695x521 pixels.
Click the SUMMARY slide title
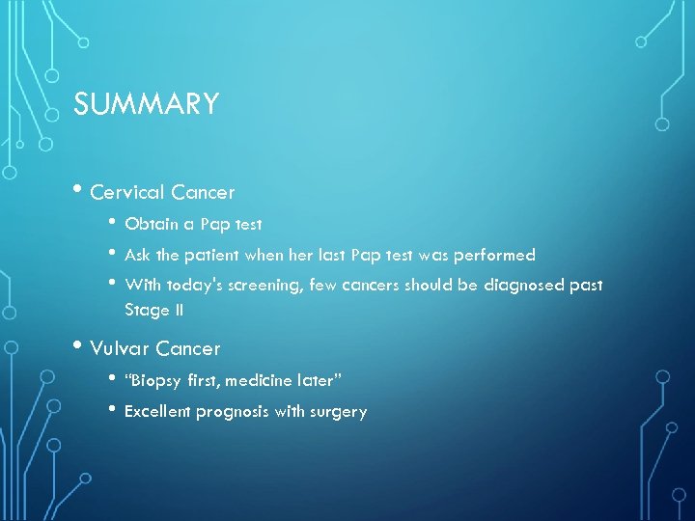(x=147, y=103)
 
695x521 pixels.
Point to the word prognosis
(x=235, y=412)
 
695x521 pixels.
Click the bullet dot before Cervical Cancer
(x=78, y=192)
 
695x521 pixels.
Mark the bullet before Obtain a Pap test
(x=113, y=224)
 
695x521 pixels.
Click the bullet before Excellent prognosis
(x=113, y=411)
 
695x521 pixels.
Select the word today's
(x=193, y=286)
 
